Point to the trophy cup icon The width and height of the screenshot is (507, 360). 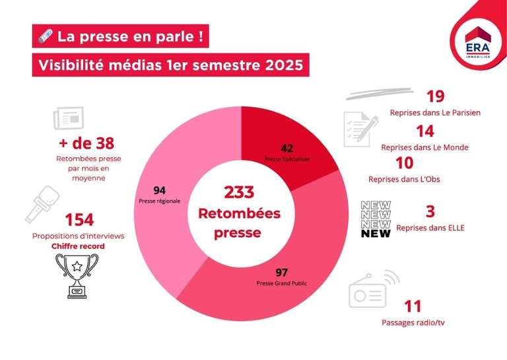[77, 275]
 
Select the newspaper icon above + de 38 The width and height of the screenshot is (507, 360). [69, 119]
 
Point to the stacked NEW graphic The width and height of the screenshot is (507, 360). [376, 219]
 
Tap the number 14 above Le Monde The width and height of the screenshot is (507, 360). [424, 132]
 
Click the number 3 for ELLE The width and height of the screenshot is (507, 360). [430, 211]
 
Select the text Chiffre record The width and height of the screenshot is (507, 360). [79, 246]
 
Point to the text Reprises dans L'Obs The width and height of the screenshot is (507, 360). [404, 180]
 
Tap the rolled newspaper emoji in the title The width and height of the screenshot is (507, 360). [45, 36]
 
